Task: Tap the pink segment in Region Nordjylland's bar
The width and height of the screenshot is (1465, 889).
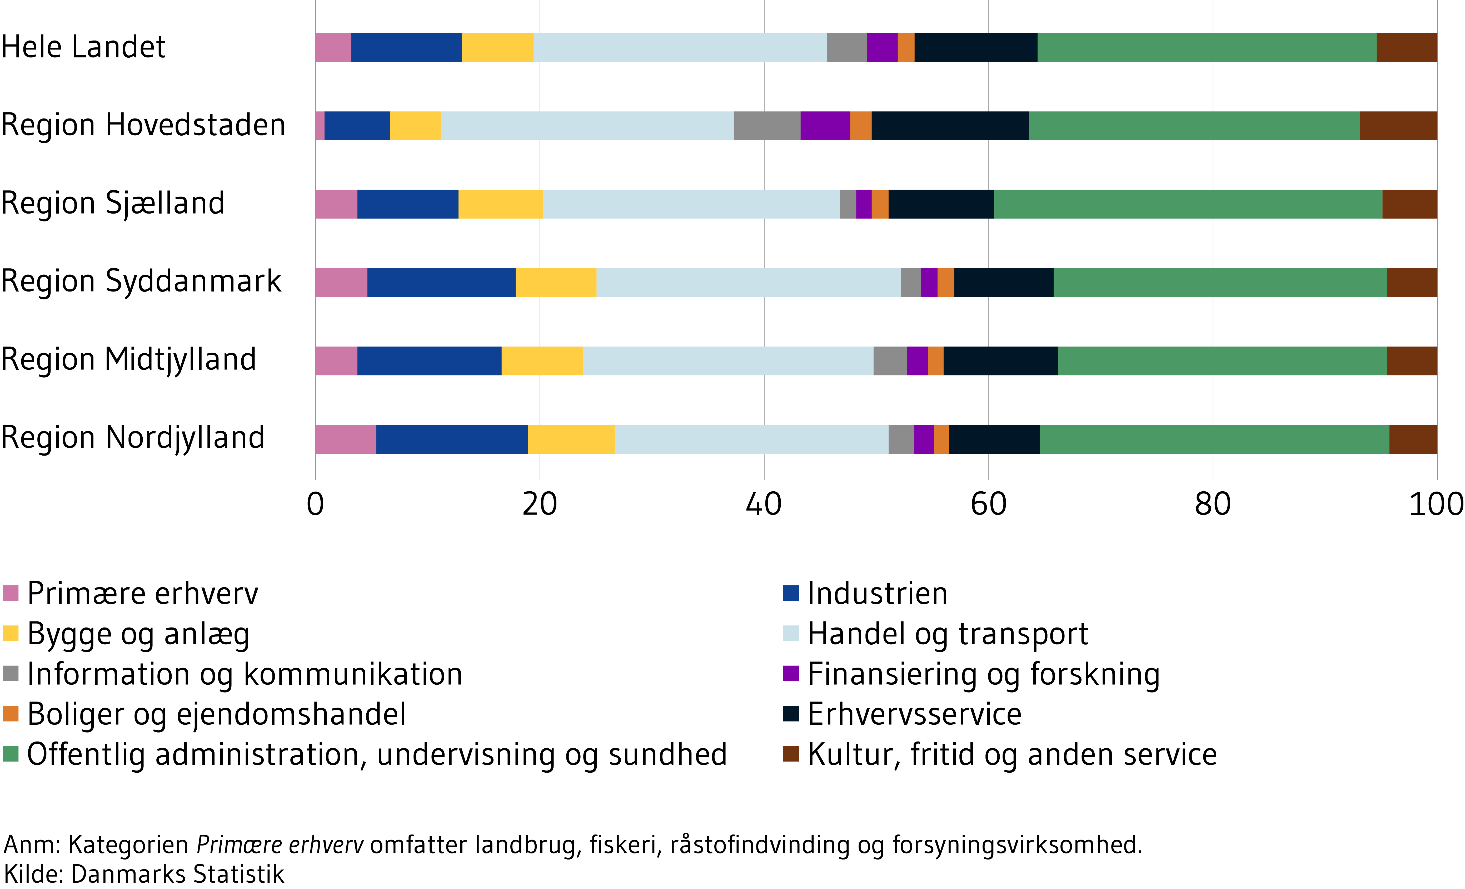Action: click(345, 439)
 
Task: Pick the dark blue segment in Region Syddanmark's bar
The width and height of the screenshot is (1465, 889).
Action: click(441, 283)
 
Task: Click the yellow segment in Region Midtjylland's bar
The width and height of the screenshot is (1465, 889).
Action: click(542, 361)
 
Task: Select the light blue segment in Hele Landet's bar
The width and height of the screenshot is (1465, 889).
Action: click(680, 48)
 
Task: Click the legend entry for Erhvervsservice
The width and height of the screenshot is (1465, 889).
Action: click(914, 714)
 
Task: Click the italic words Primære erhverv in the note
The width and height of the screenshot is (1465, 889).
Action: click(280, 844)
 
